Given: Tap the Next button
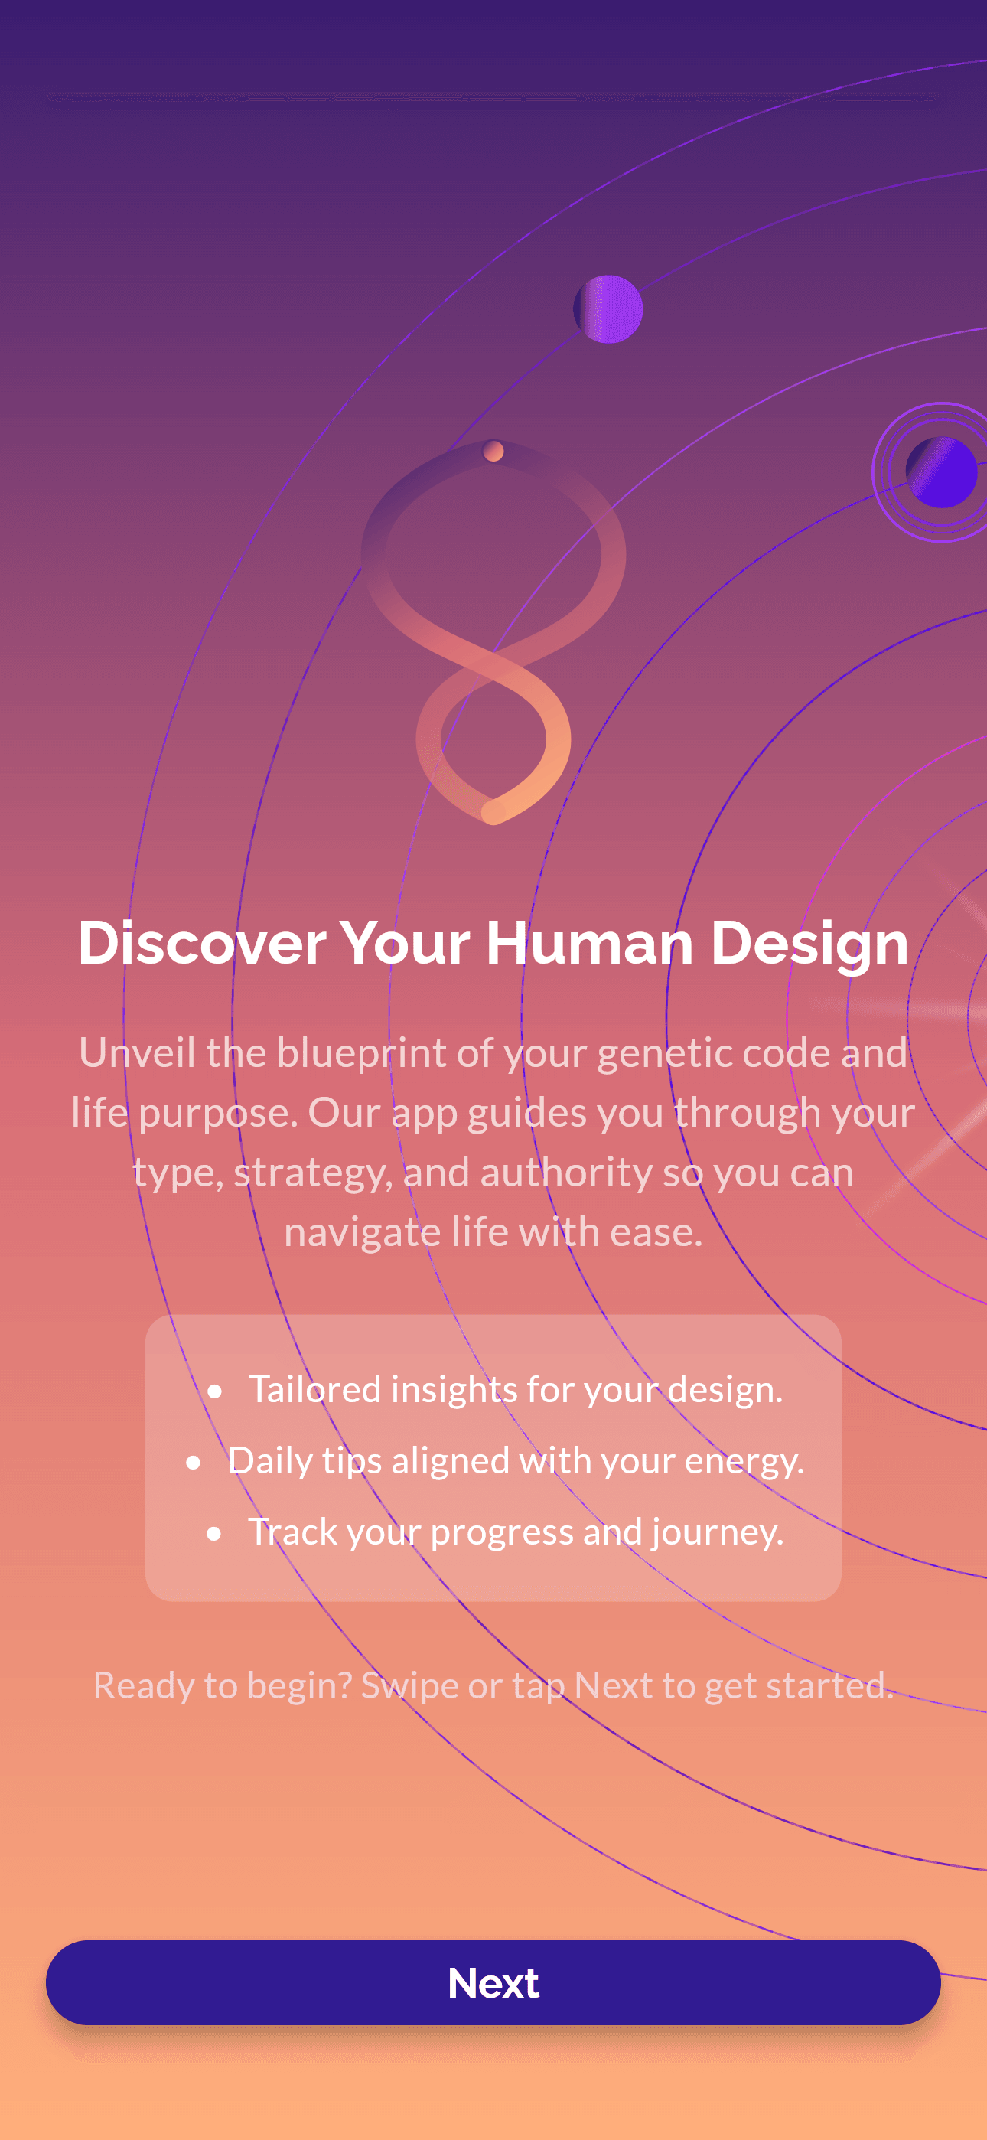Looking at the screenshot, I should (x=493, y=1982).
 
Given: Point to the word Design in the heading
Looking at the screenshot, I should (x=809, y=944).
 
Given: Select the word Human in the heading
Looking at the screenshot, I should (x=589, y=944).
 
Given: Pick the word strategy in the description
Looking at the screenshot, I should (x=311, y=1173).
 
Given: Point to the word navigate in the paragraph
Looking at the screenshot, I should (x=362, y=1233).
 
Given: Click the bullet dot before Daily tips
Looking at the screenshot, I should (x=194, y=1462).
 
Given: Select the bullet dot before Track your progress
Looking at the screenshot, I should (x=214, y=1534).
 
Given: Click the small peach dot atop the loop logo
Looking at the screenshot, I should (x=493, y=451).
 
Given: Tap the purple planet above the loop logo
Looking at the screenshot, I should (x=608, y=309).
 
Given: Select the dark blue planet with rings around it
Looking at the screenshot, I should (x=941, y=472).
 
